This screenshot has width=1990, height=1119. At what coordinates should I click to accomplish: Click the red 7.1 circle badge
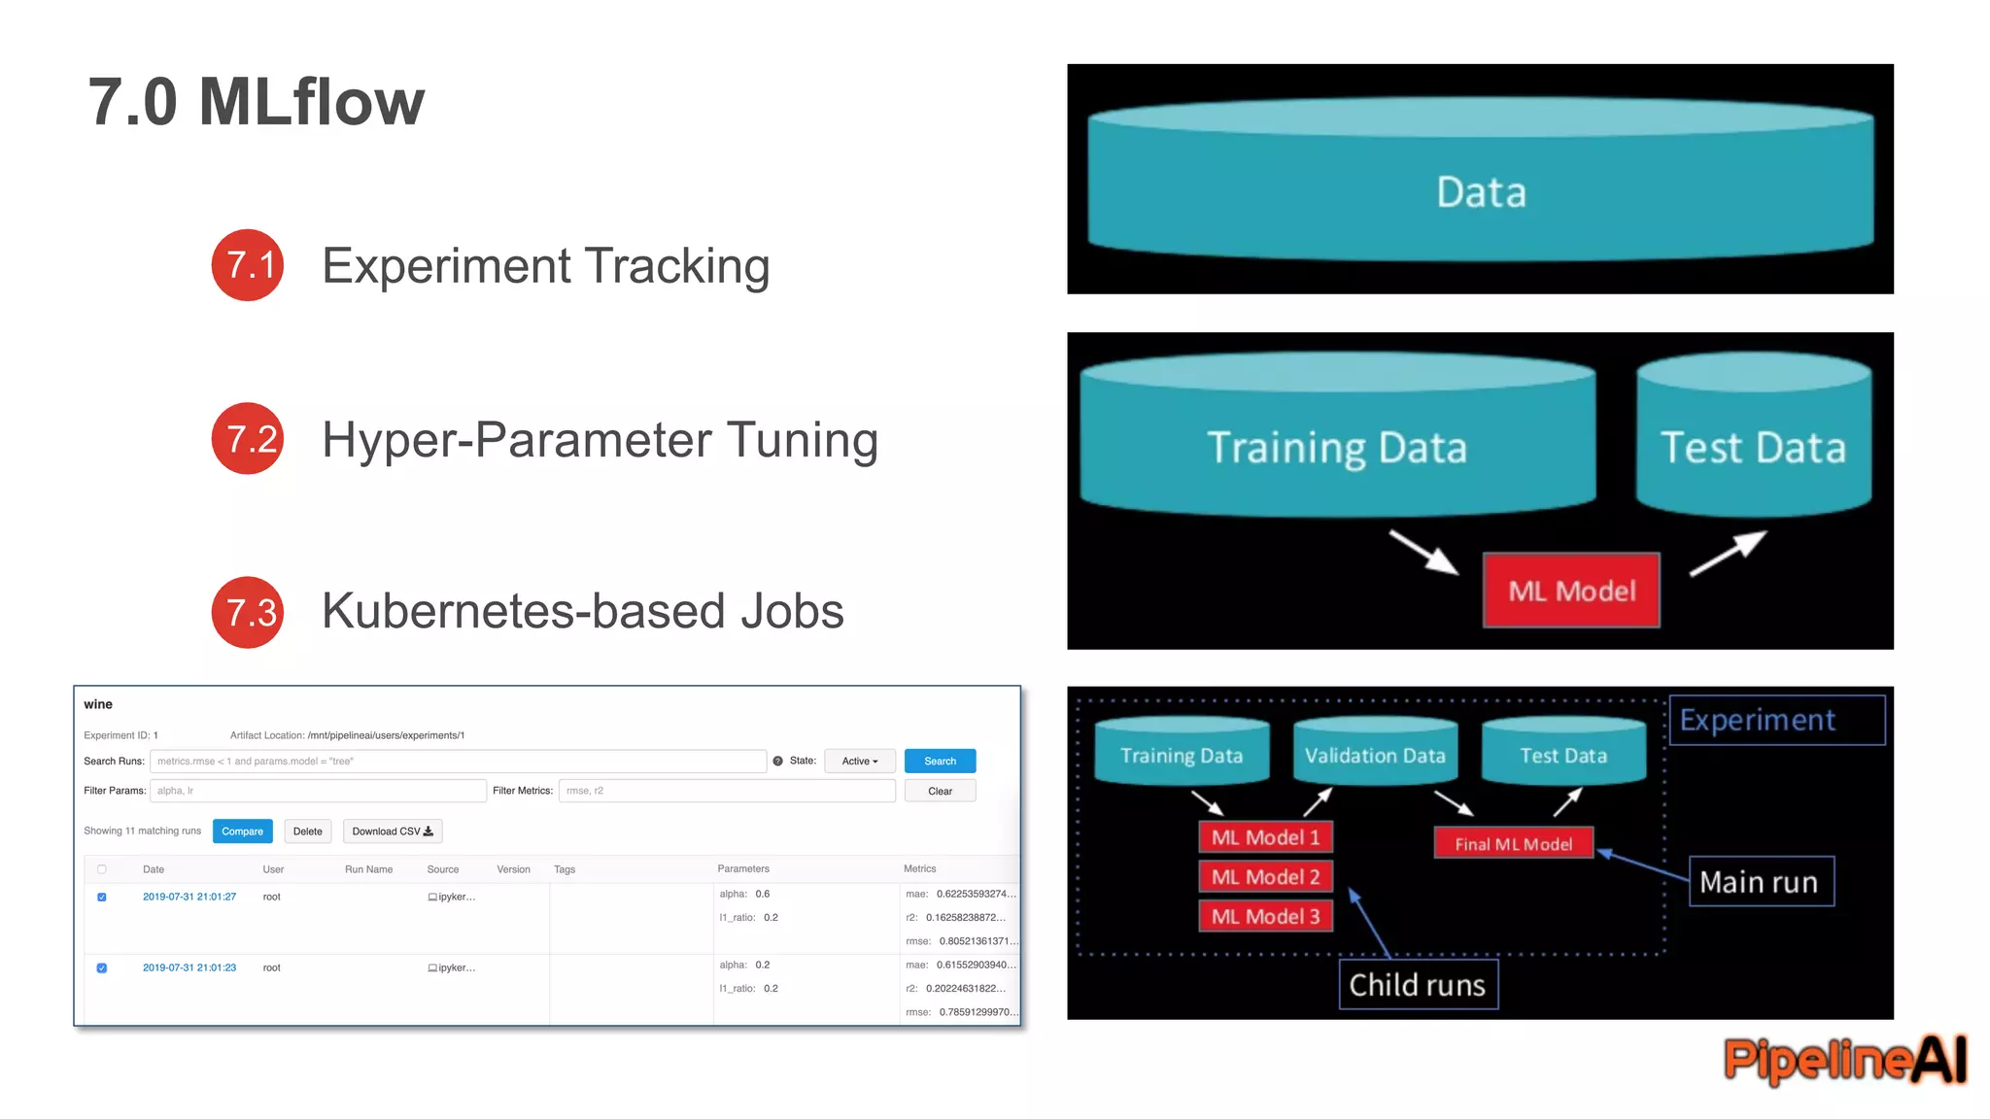pos(248,265)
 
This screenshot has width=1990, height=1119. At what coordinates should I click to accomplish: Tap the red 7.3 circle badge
pos(248,612)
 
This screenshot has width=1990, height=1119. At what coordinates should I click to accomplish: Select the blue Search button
pos(940,761)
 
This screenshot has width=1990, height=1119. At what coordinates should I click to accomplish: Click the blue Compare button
pos(242,831)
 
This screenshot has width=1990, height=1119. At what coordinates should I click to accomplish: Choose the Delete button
pos(307,831)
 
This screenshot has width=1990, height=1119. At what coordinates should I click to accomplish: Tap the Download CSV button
pos(393,831)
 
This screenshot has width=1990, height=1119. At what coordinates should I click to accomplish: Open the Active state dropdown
pos(859,761)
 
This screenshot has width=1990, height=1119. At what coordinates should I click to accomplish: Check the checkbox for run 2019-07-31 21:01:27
pos(102,897)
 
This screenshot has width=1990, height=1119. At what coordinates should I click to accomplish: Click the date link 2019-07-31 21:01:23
pos(189,967)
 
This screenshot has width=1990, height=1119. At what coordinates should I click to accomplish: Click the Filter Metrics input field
pos(726,791)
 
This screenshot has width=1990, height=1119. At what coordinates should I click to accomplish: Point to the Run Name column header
pos(368,869)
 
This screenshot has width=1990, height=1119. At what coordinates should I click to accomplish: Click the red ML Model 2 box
pos(1265,877)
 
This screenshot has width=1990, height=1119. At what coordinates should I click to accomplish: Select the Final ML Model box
pos(1513,844)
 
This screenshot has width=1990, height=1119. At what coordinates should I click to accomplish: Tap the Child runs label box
pos(1418,985)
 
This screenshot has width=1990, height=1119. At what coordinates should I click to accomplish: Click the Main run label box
pos(1760,882)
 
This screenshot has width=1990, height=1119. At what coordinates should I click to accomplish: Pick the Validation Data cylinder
pos(1375,755)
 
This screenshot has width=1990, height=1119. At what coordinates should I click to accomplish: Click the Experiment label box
pos(1775,720)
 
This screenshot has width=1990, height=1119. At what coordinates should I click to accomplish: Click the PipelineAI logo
pos(1844,1059)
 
